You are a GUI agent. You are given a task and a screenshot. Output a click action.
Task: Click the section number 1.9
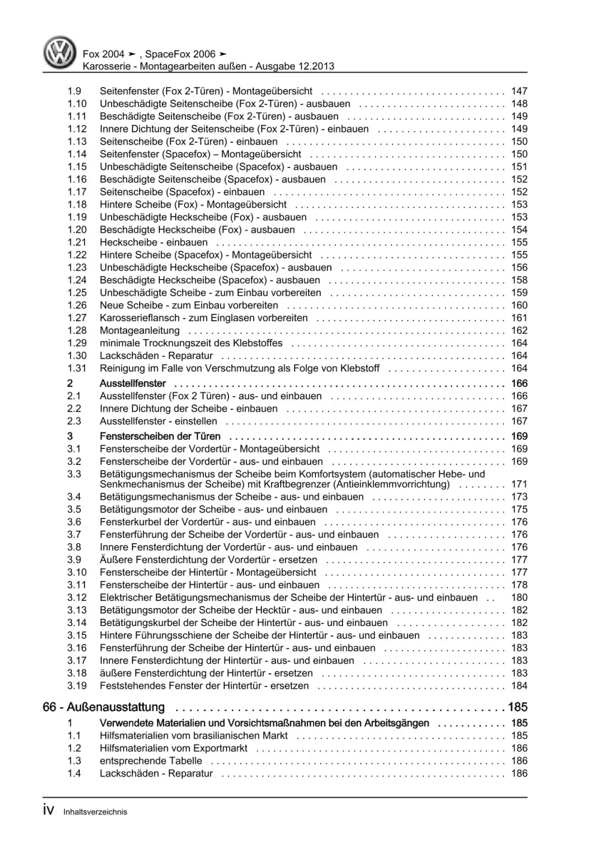[74, 91]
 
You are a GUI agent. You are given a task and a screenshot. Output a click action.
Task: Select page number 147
[519, 91]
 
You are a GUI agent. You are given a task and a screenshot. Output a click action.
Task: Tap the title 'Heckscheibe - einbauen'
[153, 242]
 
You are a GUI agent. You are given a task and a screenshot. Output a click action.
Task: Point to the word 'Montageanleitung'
[140, 331]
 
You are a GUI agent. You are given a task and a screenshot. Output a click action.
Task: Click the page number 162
[519, 331]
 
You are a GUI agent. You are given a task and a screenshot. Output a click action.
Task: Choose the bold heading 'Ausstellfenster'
[133, 383]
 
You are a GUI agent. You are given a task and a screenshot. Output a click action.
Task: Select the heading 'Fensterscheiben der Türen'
[160, 436]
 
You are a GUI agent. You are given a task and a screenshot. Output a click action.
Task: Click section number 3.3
[74, 474]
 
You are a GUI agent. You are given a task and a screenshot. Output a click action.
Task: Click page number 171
[519, 484]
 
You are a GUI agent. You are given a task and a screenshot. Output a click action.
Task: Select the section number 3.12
[77, 598]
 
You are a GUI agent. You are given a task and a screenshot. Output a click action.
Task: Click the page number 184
[519, 686]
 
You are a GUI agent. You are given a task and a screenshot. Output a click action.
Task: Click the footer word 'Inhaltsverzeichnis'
[95, 812]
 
